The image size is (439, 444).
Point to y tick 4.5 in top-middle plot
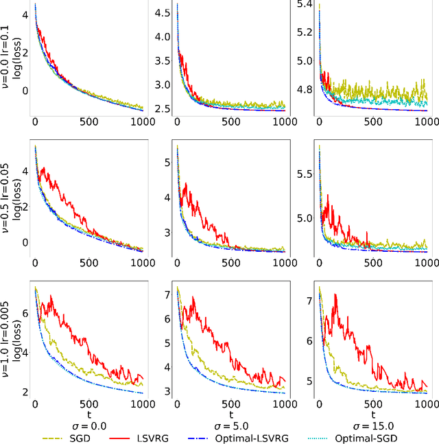coord(162,12)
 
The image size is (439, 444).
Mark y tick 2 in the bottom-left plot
coord(25,392)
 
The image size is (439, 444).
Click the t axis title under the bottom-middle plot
coord(230,415)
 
